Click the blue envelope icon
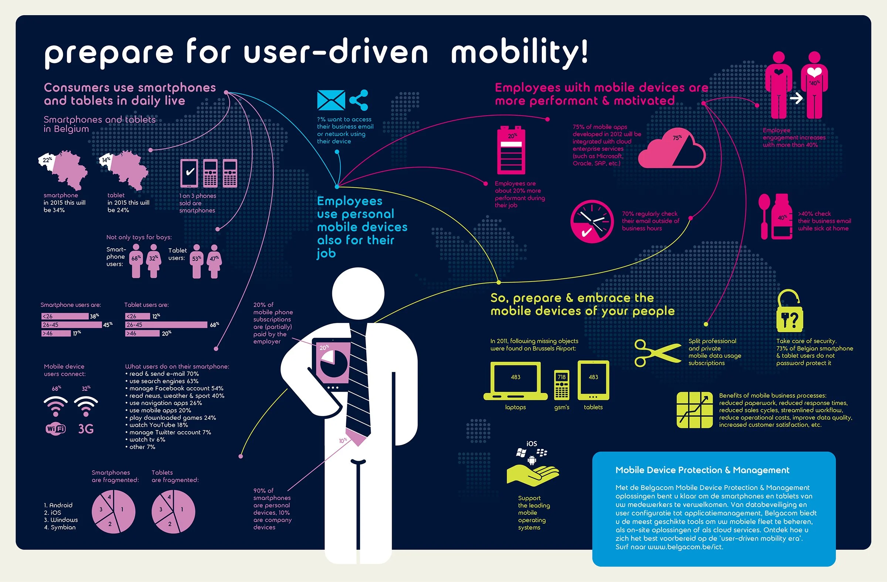click(331, 100)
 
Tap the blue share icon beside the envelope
click(359, 100)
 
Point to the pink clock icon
click(592, 221)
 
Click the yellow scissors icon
click(657, 353)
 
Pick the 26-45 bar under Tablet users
click(166, 324)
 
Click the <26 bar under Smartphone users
click(65, 316)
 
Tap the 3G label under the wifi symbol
click(86, 429)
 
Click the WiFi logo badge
click(55, 429)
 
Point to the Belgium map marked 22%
click(63, 170)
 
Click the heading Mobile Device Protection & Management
click(702, 470)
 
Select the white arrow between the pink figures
click(796, 98)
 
